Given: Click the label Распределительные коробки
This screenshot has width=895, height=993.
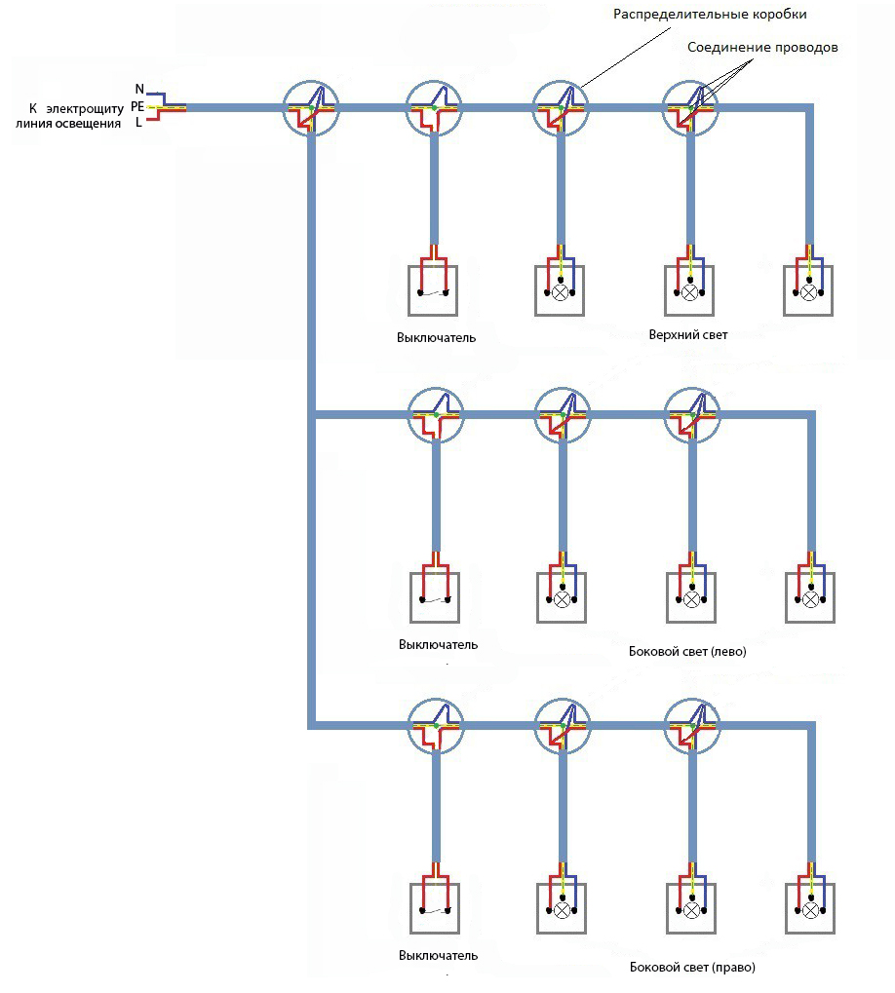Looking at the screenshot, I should pyautogui.click(x=710, y=16).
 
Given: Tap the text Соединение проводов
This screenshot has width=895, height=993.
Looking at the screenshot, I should pyautogui.click(x=761, y=48).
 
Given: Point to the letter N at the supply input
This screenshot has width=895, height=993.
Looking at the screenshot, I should pyautogui.click(x=138, y=90).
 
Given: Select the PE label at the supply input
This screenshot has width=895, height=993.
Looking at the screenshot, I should pyautogui.click(x=136, y=106).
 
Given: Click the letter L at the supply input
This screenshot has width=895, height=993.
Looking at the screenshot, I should pyautogui.click(x=138, y=123).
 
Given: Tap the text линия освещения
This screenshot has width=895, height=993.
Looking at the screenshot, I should pyautogui.click(x=68, y=124).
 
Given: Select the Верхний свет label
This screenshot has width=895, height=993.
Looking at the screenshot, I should pyautogui.click(x=688, y=334).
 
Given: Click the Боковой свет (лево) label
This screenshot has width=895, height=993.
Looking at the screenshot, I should pyautogui.click(x=687, y=651).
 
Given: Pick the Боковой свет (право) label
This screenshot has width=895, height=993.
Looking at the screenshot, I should pyautogui.click(x=692, y=968).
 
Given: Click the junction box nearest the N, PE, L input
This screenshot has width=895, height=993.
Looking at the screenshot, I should pyautogui.click(x=311, y=108).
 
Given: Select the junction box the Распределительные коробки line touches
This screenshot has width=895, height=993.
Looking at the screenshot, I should pyautogui.click(x=561, y=108).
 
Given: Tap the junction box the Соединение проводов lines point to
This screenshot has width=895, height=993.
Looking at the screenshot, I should pyautogui.click(x=689, y=108).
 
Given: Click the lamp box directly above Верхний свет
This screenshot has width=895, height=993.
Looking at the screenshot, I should pyautogui.click(x=689, y=289).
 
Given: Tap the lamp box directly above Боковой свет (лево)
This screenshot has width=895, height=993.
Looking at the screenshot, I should pyautogui.click(x=691, y=596).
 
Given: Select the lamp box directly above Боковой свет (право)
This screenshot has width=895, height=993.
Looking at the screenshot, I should pyautogui.click(x=691, y=908).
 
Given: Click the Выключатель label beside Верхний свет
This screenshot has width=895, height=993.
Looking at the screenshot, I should pyautogui.click(x=436, y=338).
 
